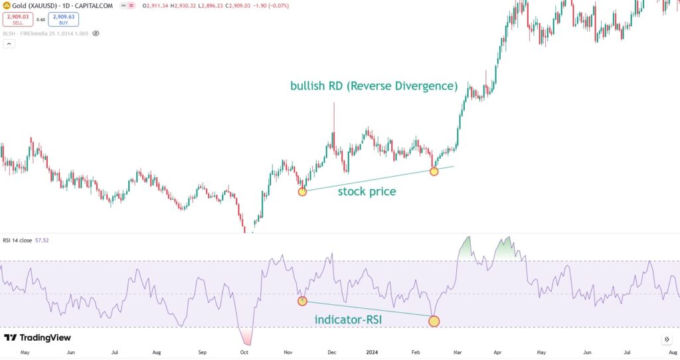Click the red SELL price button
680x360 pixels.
pyautogui.click(x=18, y=19)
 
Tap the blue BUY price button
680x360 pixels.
pyautogui.click(x=64, y=19)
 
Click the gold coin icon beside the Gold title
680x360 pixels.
pyautogui.click(x=6, y=5)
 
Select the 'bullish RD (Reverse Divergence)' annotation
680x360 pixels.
pyautogui.click(x=374, y=86)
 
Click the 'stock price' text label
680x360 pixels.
pyautogui.click(x=367, y=192)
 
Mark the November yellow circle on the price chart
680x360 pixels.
pyautogui.click(x=303, y=191)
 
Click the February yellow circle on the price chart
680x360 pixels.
pyautogui.click(x=434, y=171)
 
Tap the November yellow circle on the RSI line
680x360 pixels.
pyautogui.click(x=303, y=301)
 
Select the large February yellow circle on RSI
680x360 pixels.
pyautogui.click(x=434, y=321)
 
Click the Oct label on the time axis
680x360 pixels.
pyautogui.click(x=244, y=352)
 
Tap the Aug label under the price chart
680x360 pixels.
pyautogui.click(x=157, y=352)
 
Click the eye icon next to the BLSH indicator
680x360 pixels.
pyautogui.click(x=96, y=33)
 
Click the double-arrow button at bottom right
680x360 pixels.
pyautogui.click(x=667, y=339)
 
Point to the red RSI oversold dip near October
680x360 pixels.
pyautogui.click(x=245, y=335)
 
